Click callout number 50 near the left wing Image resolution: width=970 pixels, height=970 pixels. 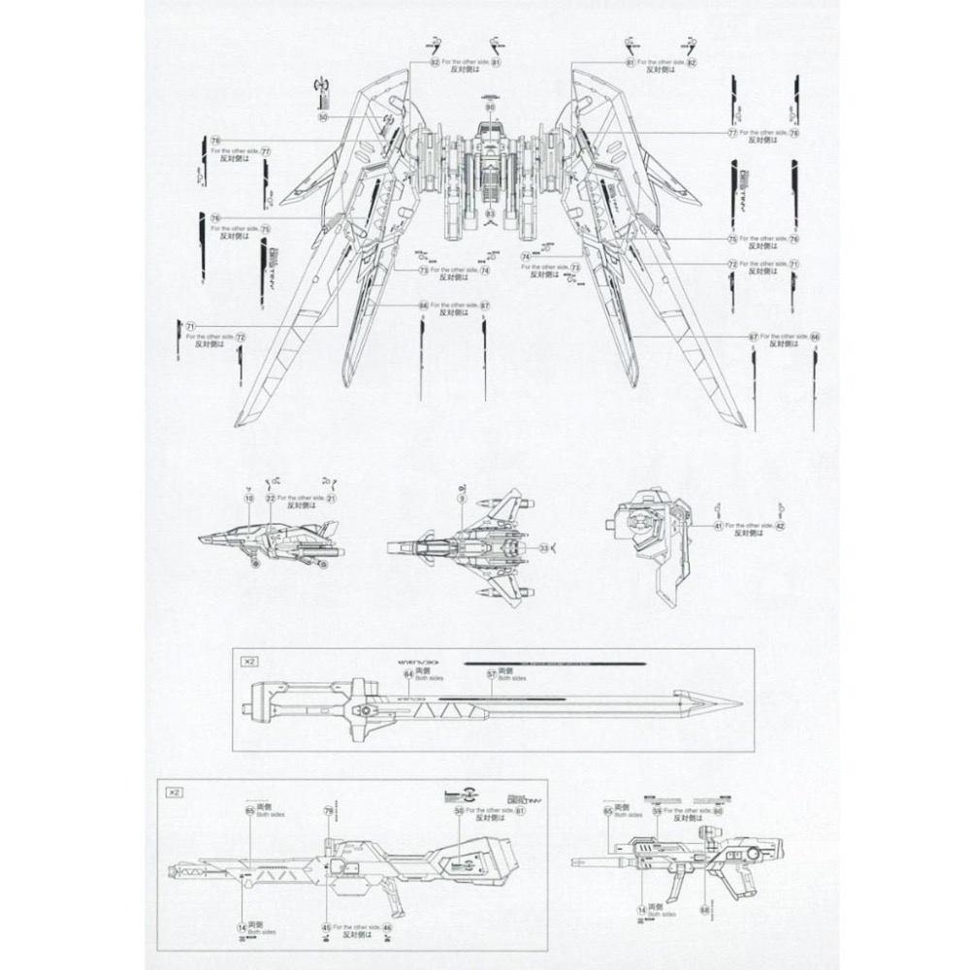tap(323, 116)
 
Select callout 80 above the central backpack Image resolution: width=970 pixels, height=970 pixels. tap(490, 107)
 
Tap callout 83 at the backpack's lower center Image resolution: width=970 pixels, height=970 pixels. tap(490, 212)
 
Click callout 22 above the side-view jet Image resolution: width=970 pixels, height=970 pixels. tap(271, 498)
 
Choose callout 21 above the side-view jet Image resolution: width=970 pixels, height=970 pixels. tap(331, 498)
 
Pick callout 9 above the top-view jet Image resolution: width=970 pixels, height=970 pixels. tap(462, 498)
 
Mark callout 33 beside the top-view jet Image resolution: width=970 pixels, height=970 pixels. tap(545, 548)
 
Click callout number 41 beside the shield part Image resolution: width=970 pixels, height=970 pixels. tap(719, 525)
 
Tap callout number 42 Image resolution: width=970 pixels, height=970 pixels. tap(780, 525)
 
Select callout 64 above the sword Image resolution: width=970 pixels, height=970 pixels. tap(408, 673)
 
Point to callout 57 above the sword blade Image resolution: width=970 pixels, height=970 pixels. tap(492, 673)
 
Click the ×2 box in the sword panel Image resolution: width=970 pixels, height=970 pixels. tap(248, 660)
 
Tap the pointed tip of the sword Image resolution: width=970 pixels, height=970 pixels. tap(739, 703)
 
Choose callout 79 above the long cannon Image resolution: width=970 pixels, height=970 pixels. tap(329, 810)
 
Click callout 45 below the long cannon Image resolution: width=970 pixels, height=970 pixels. tap(326, 927)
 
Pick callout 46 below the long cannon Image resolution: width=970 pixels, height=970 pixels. tap(387, 927)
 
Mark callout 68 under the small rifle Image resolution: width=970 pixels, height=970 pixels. tap(705, 909)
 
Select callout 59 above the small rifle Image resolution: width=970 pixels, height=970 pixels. tap(657, 810)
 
